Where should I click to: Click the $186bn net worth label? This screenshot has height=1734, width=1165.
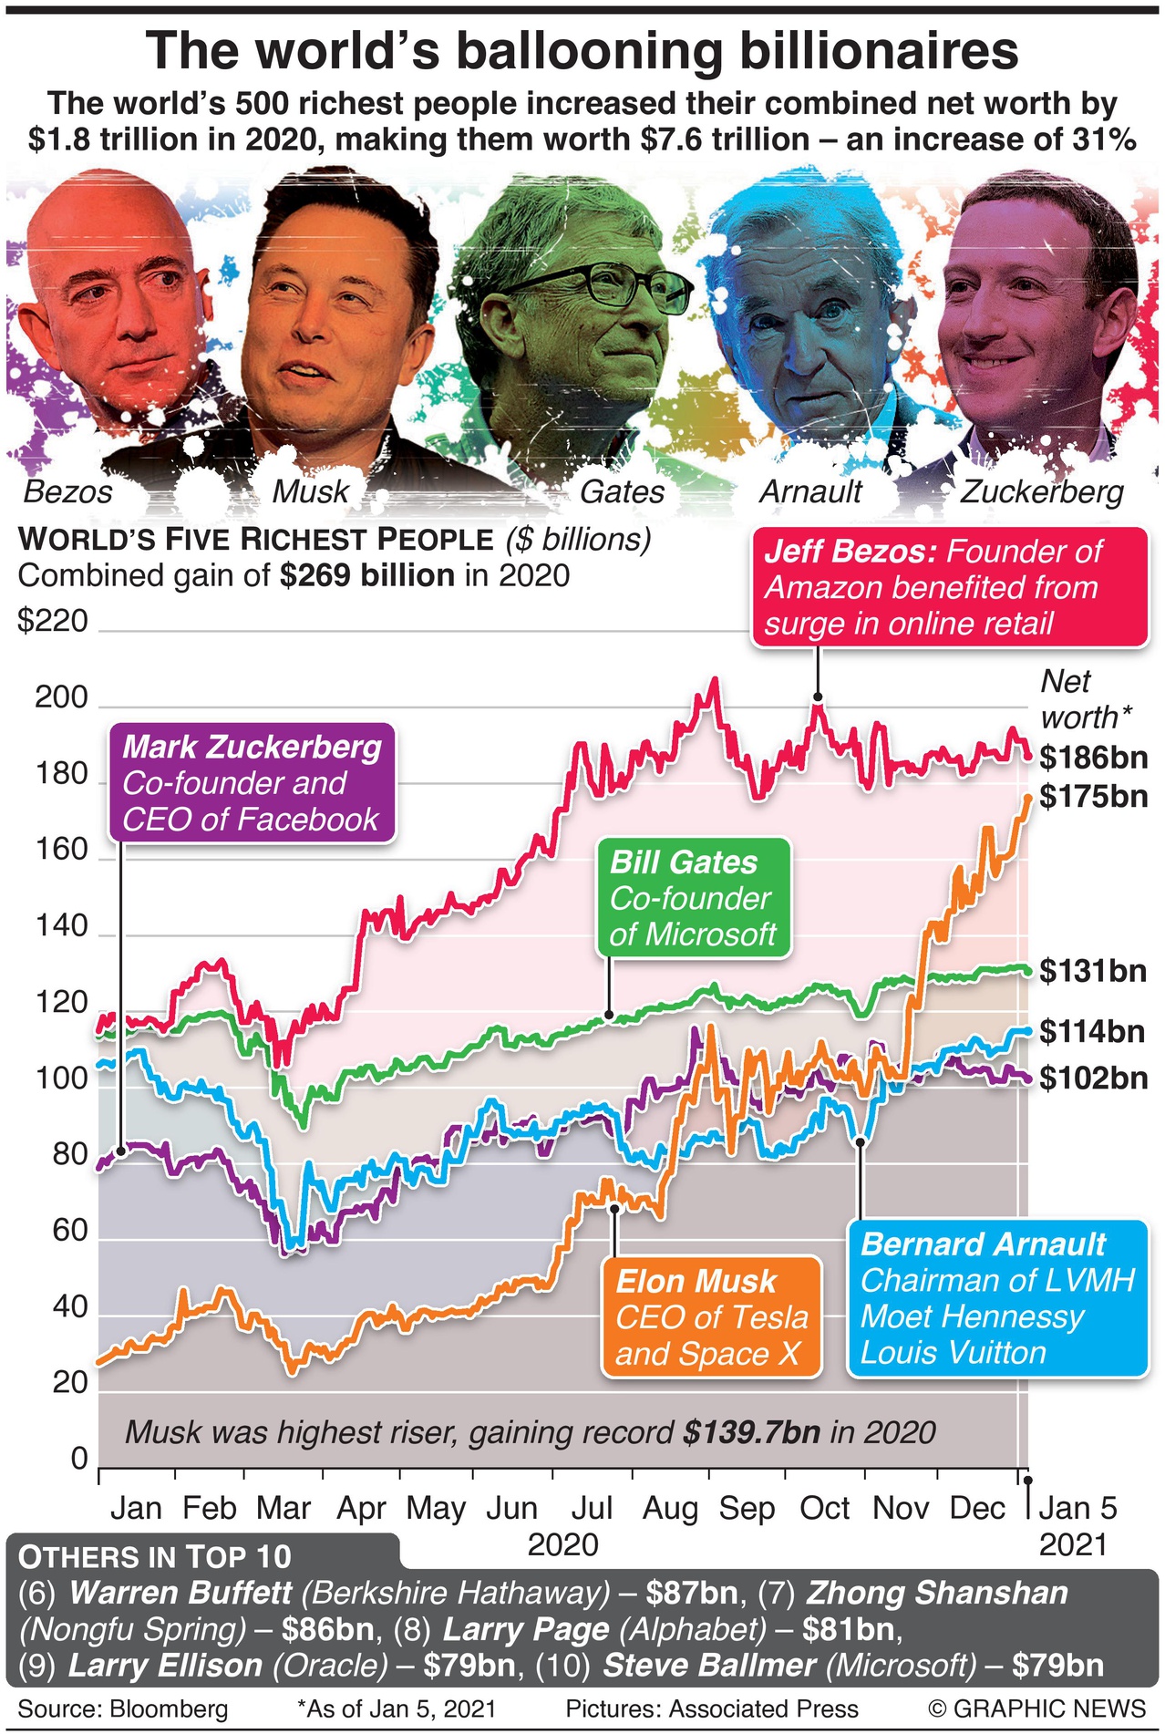1092,758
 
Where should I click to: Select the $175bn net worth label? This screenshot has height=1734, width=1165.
1092,797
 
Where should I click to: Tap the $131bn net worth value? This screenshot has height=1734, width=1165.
1092,971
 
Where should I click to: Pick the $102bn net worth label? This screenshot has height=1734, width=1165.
1093,1079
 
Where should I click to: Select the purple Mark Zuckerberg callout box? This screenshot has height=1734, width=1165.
252,783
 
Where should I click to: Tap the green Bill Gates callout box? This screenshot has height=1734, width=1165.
693,899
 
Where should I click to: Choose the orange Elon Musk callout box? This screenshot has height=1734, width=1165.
711,1317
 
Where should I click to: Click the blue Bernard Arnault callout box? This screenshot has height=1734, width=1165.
996,1298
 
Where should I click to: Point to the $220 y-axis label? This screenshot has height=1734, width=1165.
53,622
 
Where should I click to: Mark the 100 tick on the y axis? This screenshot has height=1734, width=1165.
61,1079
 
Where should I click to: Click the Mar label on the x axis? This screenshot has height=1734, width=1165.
283,1509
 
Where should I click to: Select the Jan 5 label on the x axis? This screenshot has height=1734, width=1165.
1077,1508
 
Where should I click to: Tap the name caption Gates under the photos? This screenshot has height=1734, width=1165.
622,492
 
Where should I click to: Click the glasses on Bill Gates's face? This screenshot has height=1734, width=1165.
606,284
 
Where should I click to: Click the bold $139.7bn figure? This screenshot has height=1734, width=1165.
751,1432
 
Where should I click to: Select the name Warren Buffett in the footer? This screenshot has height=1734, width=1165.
180,1593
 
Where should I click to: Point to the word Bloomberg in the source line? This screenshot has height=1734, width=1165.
169,1708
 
